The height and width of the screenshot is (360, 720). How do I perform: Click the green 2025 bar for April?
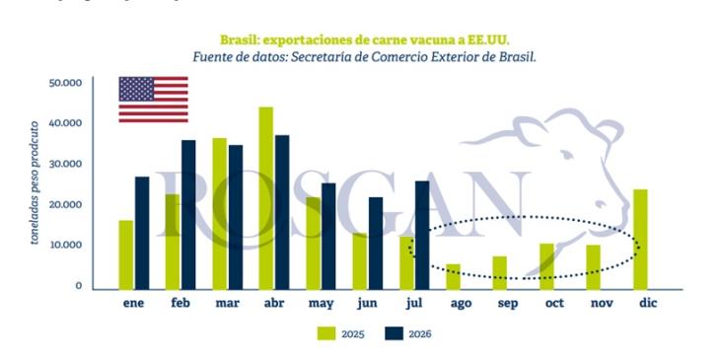click(266, 198)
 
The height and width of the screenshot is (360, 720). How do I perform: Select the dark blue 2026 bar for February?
click(188, 215)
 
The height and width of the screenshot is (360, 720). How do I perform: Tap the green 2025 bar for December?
click(640, 240)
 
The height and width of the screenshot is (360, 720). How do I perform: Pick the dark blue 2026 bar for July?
click(422, 235)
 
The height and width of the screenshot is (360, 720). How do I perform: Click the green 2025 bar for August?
click(454, 277)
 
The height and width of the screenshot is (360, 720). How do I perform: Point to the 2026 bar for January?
click(142, 234)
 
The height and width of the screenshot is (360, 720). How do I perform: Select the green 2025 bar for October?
click(546, 266)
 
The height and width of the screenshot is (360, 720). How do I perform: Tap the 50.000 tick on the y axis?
click(65, 83)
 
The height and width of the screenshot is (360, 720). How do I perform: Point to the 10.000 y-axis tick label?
click(65, 245)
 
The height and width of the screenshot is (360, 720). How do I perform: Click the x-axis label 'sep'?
click(508, 304)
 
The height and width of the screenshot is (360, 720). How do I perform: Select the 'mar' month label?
click(227, 304)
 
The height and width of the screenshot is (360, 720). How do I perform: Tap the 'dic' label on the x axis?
click(648, 303)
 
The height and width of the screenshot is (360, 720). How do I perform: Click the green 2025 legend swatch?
click(325, 333)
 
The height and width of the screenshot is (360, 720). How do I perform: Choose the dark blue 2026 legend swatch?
click(394, 333)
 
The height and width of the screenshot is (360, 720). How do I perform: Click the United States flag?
click(153, 100)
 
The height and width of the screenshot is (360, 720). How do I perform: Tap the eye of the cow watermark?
click(566, 154)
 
